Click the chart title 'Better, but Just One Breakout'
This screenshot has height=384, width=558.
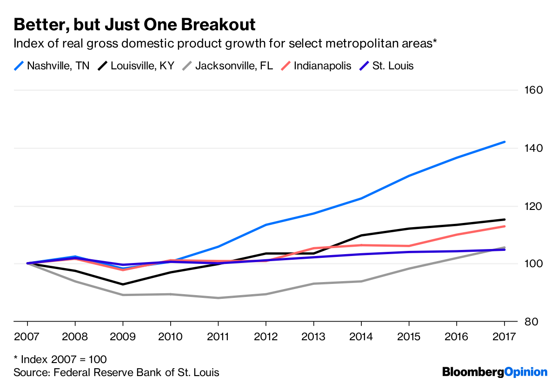point(134,24)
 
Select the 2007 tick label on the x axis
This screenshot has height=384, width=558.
point(27,336)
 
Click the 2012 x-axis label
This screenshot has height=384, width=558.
point(266,336)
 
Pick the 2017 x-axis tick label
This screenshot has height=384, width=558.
point(504,336)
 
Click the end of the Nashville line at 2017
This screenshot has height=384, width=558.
point(505,142)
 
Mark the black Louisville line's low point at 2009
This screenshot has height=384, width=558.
point(123,284)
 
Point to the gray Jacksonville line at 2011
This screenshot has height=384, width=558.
point(218,298)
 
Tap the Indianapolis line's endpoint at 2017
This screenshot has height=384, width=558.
point(505,226)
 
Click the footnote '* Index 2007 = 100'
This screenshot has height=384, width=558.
point(60,359)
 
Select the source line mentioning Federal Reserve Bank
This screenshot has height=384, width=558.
point(116,372)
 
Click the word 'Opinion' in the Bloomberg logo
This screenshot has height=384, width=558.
point(526,372)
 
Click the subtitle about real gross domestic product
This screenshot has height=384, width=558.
point(226,44)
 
